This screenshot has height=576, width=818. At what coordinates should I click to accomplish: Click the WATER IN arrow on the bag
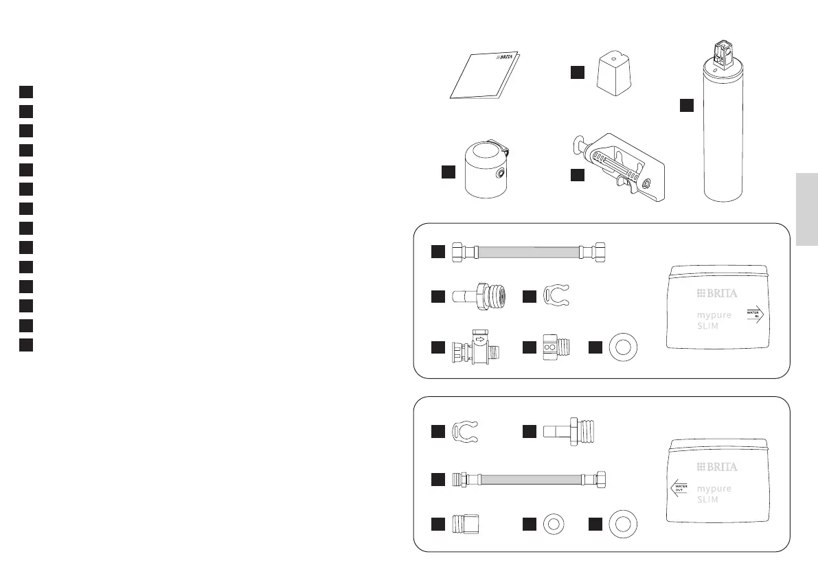(755, 315)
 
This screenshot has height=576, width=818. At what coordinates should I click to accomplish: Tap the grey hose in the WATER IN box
(529, 252)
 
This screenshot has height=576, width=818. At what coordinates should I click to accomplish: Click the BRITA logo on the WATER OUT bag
(717, 467)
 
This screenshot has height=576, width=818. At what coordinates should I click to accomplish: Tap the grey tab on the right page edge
(807, 209)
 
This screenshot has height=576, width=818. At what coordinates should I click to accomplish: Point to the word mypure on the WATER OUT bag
(714, 489)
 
